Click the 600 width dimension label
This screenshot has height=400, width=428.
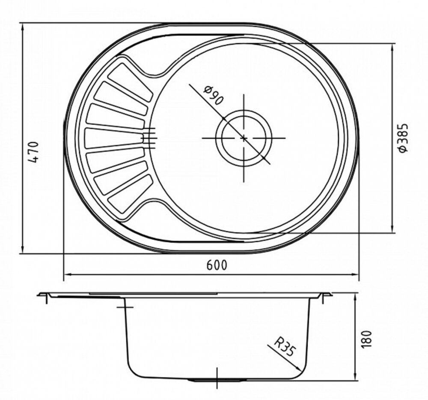tap(217, 265)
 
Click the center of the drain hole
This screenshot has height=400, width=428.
tap(244, 138)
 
